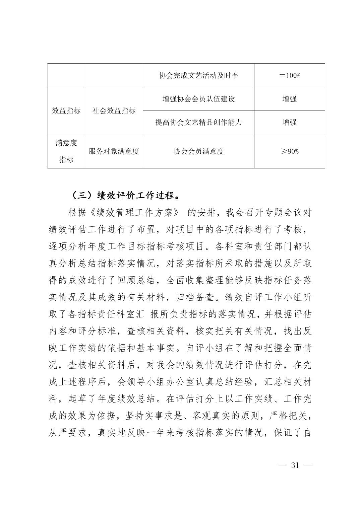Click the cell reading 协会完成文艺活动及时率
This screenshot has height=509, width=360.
pos(198,75)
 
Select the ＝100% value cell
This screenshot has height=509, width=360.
pos(290,75)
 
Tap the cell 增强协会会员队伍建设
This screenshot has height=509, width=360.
pos(198,99)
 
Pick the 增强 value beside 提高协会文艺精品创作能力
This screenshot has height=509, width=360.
pos(290,122)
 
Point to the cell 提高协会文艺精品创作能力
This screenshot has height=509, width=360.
pos(198,122)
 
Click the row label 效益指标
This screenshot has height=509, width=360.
pos(66,111)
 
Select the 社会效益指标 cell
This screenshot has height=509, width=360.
pos(114,111)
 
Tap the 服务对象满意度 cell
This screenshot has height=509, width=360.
pos(114,151)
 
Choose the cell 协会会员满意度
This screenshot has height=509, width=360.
pos(198,151)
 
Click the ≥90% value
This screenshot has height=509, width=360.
pos(290,151)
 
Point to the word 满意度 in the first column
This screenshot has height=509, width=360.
pos(66,143)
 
